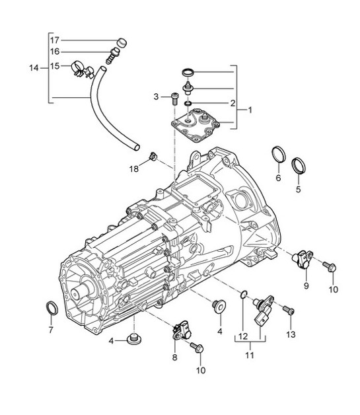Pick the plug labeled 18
(153, 157)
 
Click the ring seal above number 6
(279, 157)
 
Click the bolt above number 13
(289, 310)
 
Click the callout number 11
(250, 355)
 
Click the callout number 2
(233, 103)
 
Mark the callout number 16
(55, 52)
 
